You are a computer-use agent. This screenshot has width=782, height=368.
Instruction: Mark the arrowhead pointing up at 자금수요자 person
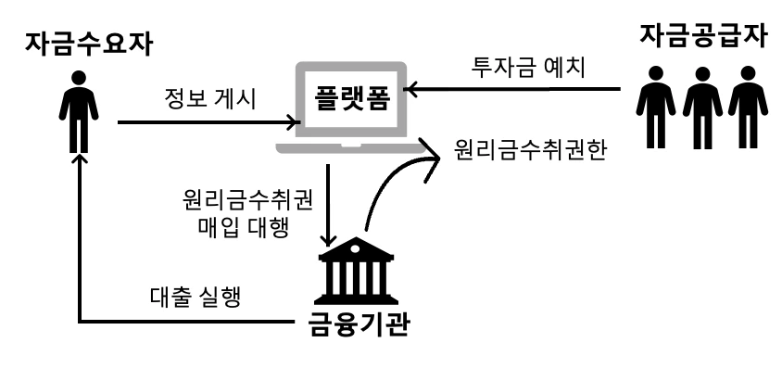tap(82, 159)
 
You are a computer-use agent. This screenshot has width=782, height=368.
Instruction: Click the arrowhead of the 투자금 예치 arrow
tap(418, 89)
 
